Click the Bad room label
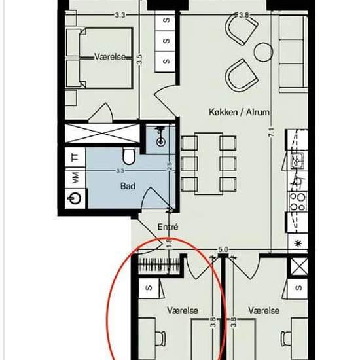pos(128,186)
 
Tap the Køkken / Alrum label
pos(239,112)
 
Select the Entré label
pos(168,227)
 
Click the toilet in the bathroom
pos(129,156)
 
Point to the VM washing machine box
pos(75,177)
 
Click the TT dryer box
pos(75,157)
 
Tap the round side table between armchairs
pos(263,52)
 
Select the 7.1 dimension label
pos(272,132)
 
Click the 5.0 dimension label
pos(223,249)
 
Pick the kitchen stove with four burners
pos(298,202)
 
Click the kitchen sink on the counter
pos(297,161)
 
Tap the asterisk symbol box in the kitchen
pos(298,243)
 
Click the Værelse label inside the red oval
pos(183,310)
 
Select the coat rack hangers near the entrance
pos(159,264)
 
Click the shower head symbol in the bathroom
pos(160,137)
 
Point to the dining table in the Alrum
pos(208,164)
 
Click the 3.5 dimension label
pos(139,59)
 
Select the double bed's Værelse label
pos(110,56)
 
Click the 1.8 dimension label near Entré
pos(169,242)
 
